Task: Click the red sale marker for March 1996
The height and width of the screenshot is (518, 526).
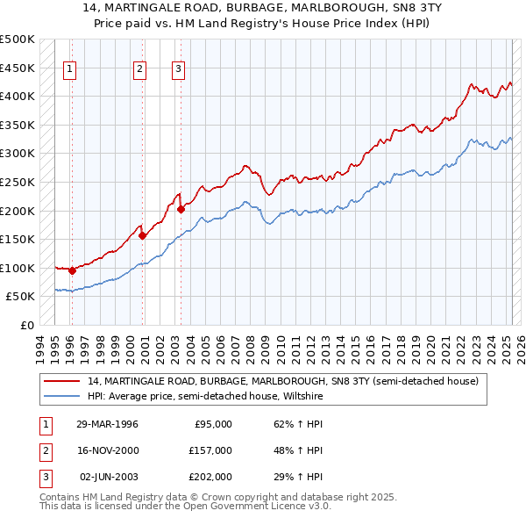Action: click(72, 270)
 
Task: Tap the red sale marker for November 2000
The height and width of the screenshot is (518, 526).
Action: click(142, 235)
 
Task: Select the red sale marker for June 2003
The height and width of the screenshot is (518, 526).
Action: click(181, 209)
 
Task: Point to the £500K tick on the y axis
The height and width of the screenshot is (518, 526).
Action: click(18, 40)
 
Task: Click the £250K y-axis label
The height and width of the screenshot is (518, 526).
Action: click(18, 182)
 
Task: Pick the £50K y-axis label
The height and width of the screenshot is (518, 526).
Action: click(21, 296)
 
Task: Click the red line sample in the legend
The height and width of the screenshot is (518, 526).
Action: click(61, 382)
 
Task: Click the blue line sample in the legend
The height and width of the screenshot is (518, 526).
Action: click(61, 396)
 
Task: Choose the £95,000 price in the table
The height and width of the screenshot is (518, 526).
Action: click(213, 424)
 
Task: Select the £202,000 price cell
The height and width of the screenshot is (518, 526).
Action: click(210, 477)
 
